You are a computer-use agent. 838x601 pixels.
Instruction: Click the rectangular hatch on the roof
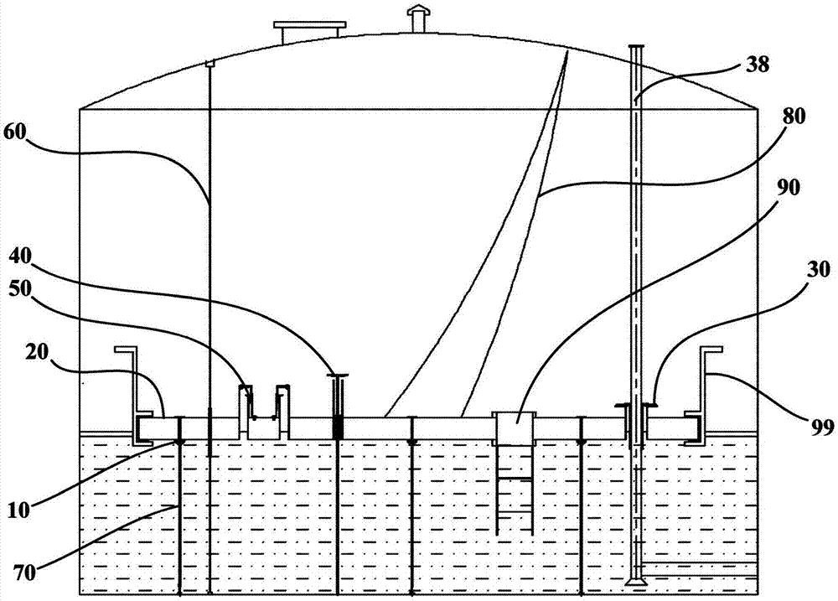click(x=310, y=31)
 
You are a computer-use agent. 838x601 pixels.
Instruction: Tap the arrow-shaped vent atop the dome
click(x=416, y=17)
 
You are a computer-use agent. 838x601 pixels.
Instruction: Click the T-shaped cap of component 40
click(x=339, y=376)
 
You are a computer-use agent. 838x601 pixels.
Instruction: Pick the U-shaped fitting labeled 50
click(x=265, y=406)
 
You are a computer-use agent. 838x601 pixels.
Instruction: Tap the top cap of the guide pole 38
click(x=637, y=47)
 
